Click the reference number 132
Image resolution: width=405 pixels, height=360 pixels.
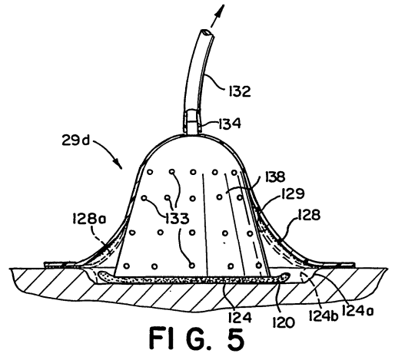click(x=239, y=91)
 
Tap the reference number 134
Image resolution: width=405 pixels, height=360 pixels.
click(x=230, y=124)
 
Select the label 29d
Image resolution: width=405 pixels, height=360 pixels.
click(x=75, y=140)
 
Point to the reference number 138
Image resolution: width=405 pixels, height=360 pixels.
click(x=274, y=177)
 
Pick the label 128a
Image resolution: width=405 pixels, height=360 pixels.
click(x=89, y=220)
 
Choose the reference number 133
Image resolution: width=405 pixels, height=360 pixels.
click(x=178, y=219)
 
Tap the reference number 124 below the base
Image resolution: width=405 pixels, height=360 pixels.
click(x=240, y=317)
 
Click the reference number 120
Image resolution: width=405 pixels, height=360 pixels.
click(x=284, y=322)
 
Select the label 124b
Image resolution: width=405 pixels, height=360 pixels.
click(x=324, y=315)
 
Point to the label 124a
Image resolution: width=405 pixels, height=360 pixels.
click(x=357, y=310)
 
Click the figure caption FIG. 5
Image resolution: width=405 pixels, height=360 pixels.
click(x=197, y=339)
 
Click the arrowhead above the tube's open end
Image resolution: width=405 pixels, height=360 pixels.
click(x=221, y=11)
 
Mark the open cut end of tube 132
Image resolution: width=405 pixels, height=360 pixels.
click(x=207, y=33)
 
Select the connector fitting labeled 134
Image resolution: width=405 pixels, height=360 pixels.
click(x=192, y=122)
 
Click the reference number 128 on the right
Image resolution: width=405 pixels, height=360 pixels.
click(x=309, y=215)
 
